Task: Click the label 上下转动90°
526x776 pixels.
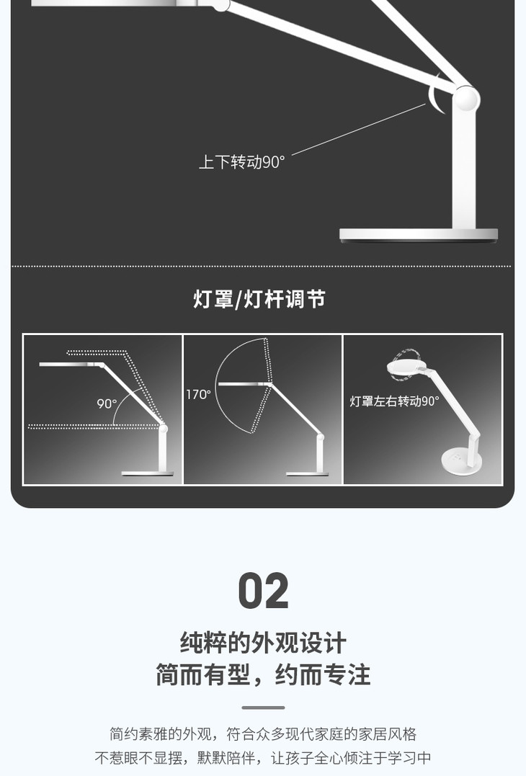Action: point(242,162)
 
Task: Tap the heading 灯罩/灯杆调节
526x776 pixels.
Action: point(259,299)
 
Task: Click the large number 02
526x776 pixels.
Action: point(263,592)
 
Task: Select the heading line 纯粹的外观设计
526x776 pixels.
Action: point(263,643)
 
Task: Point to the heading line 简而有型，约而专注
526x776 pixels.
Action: point(263,675)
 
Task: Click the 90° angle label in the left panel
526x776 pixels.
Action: point(107,403)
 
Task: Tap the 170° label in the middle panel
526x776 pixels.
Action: point(198,395)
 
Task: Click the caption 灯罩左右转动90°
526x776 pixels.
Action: point(394,401)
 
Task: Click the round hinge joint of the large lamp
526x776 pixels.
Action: point(465,99)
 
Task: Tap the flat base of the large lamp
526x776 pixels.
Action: point(419,235)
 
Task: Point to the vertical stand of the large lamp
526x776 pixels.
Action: point(465,173)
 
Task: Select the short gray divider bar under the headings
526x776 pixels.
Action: point(263,708)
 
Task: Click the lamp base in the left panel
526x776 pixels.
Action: point(147,473)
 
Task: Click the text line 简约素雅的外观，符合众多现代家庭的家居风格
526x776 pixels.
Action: point(263,734)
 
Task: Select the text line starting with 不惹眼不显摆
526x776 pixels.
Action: point(263,758)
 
